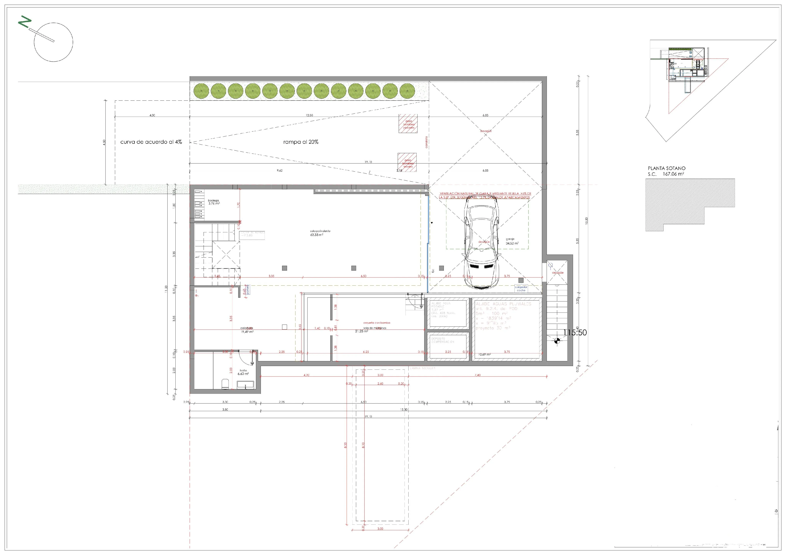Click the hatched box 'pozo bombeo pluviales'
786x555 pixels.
pyautogui.click(x=408, y=124)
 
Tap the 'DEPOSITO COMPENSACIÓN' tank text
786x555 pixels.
pyautogui.click(x=443, y=340)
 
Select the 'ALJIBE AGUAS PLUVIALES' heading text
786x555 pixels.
pyautogui.click(x=503, y=304)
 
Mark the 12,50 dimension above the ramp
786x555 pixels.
pyautogui.click(x=309, y=115)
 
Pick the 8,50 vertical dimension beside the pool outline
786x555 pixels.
pyautogui.click(x=345, y=445)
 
